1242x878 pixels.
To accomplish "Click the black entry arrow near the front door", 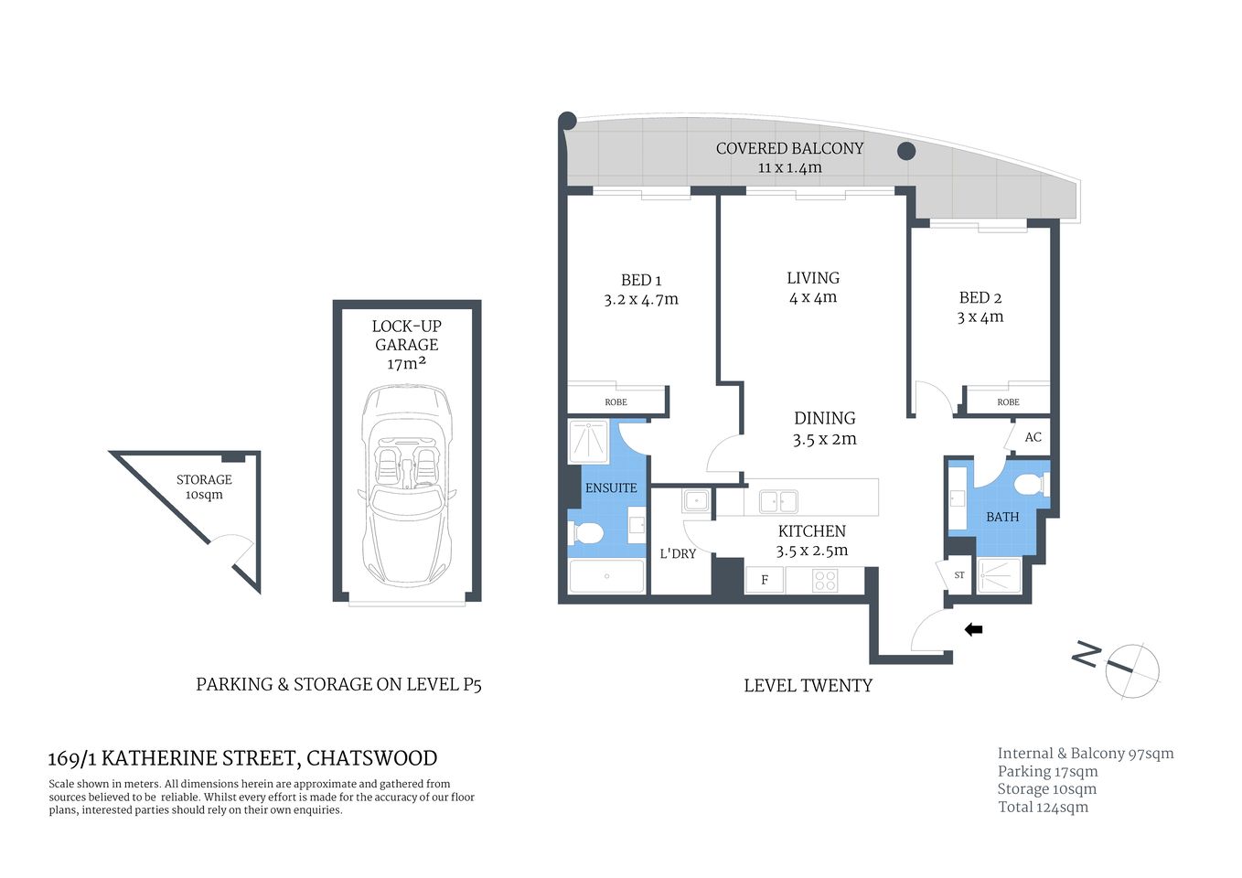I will tap(974, 629).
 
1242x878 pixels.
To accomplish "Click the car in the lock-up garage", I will tap(407, 486).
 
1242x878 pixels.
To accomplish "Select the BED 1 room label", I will tap(640, 280).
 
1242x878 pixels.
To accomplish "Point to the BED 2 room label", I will tap(980, 297).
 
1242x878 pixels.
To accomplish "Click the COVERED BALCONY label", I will tap(789, 148).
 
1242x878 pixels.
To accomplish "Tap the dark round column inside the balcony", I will tap(905, 151).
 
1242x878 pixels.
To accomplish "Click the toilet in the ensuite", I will tap(585, 531).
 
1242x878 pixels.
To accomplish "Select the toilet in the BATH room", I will tap(1029, 484).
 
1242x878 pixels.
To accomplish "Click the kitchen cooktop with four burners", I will tap(825, 580).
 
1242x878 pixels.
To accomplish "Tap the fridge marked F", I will tap(765, 580).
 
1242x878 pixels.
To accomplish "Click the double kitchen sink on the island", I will tap(777, 501).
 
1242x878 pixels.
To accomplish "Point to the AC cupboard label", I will tap(1033, 437).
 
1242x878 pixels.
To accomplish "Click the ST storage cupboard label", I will tap(959, 575).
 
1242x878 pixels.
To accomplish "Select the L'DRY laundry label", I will tap(678, 553).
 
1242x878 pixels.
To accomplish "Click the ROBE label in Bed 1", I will tap(616, 402).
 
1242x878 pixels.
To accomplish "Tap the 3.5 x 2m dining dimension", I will tap(824, 439).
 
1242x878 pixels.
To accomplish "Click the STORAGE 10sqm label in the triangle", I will tap(204, 487).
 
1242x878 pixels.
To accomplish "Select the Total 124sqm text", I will tap(1043, 807).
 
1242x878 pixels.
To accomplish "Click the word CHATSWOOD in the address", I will tap(371, 758).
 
